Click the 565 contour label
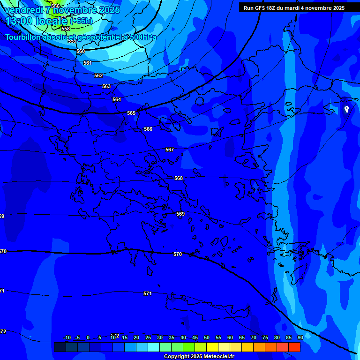tap(131, 113)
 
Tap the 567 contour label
tap(170, 150)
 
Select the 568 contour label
tap(179, 179)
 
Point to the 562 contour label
tap(98, 76)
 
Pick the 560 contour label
tap(81, 52)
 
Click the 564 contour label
tap(117, 100)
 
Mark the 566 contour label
tap(148, 129)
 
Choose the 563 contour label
tap(106, 87)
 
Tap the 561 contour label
tap(88, 63)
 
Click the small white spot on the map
tap(346, 109)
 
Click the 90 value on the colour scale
tap(300, 338)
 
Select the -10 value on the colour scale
tap(67, 338)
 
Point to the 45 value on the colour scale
tap(195, 338)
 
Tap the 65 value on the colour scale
tap(241, 338)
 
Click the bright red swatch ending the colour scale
tap(294, 347)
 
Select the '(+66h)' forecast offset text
tap(81, 21)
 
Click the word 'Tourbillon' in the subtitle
tap(23, 37)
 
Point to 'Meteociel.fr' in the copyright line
tap(217, 357)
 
